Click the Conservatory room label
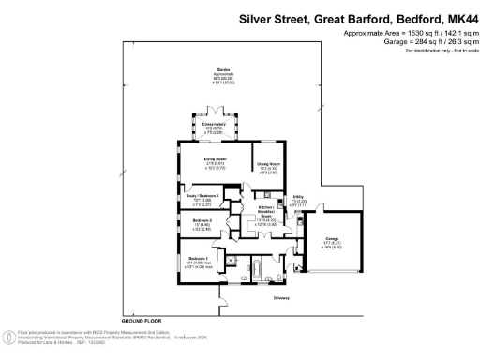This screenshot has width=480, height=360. (x=207, y=123)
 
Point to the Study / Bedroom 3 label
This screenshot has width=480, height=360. (x=203, y=196)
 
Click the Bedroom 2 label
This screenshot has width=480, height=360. (x=203, y=221)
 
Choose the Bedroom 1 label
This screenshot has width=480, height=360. (x=197, y=259)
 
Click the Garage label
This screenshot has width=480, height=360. (x=332, y=240)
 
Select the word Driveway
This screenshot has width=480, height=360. (x=281, y=299)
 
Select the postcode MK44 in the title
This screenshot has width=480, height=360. (x=463, y=17)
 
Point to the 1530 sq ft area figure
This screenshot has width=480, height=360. (x=394, y=33)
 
